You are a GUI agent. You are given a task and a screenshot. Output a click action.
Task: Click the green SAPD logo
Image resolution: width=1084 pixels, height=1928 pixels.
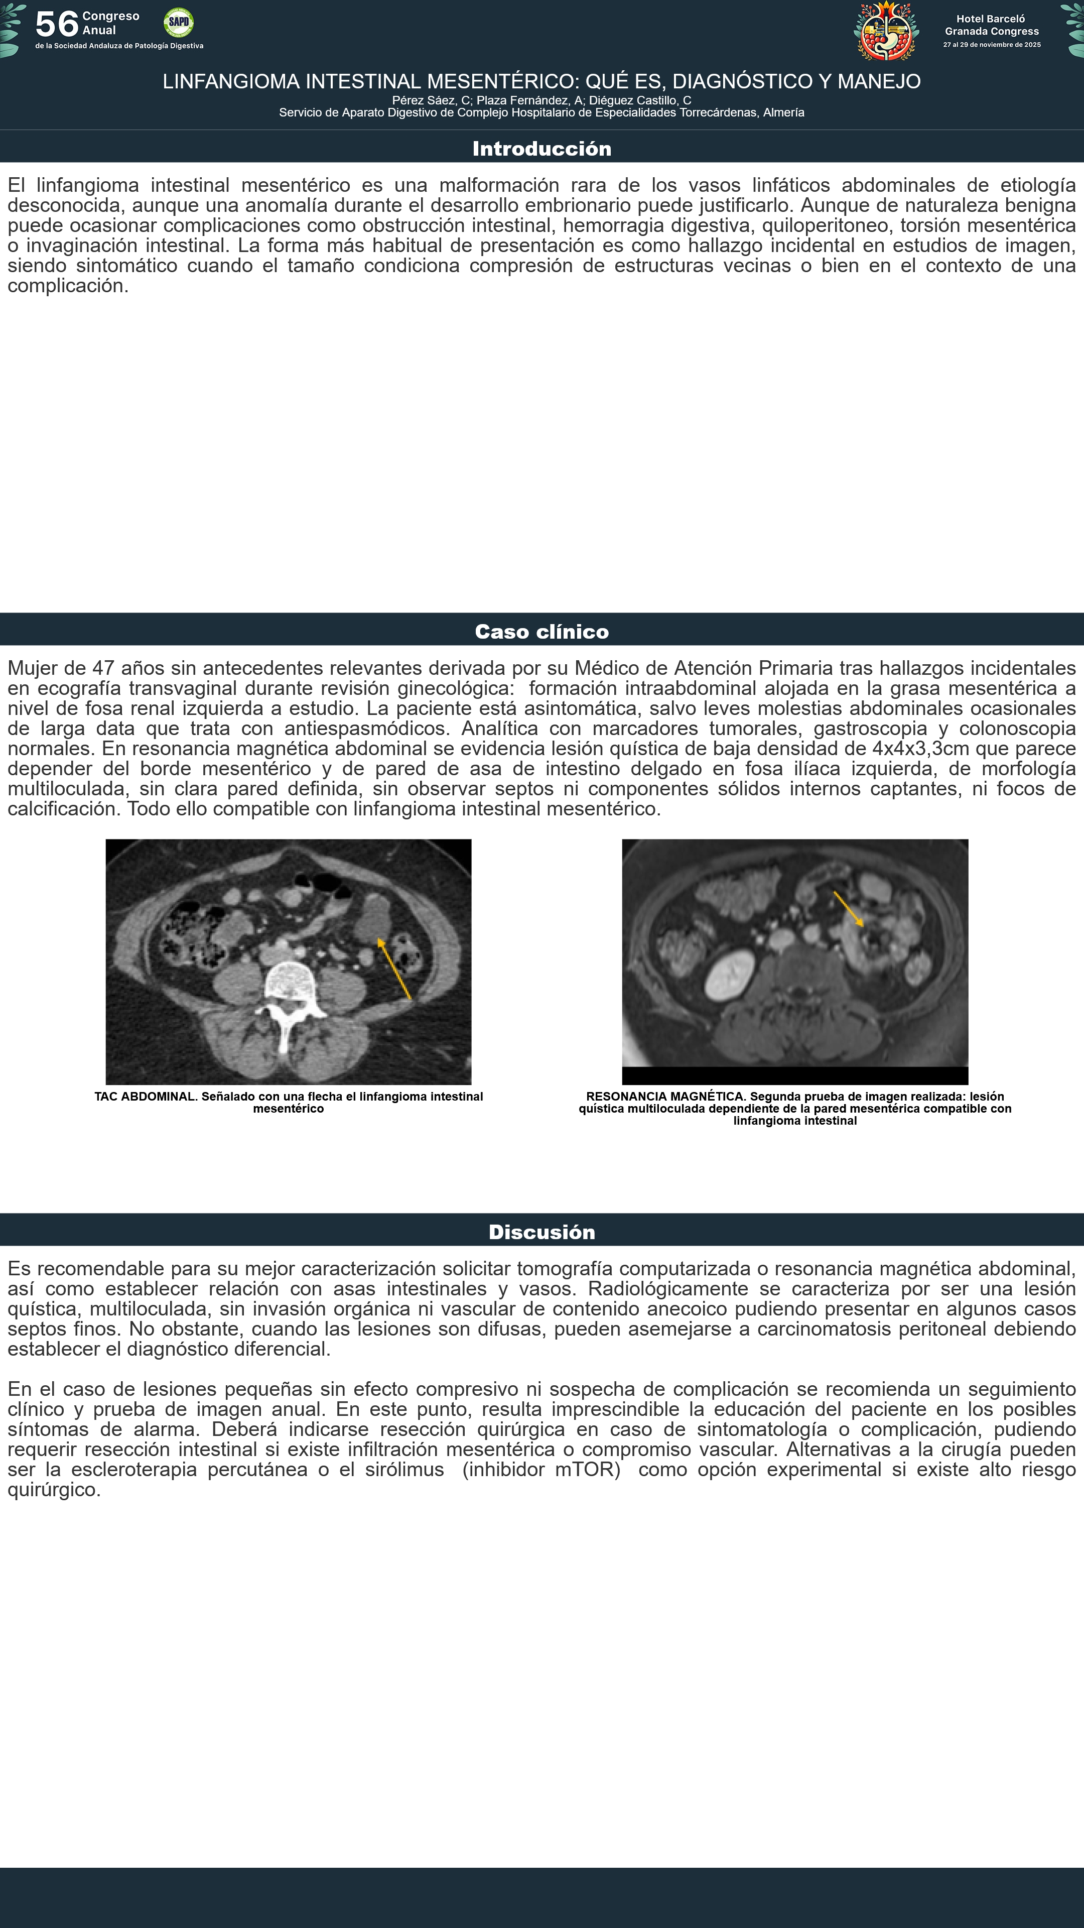pyautogui.click(x=178, y=23)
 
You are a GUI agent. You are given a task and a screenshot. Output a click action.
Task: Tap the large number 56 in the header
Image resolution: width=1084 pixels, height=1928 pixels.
pyautogui.click(x=57, y=24)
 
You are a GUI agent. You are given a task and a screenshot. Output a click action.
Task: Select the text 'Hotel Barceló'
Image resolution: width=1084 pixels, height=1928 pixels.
pyautogui.click(x=991, y=19)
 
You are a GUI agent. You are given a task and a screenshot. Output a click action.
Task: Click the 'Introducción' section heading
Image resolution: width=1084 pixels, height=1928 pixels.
pyautogui.click(x=541, y=148)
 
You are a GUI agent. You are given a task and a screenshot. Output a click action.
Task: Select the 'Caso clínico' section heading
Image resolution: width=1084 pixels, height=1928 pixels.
pyautogui.click(x=541, y=632)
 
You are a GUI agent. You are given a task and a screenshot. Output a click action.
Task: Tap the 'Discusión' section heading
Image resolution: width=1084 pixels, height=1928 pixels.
pyautogui.click(x=541, y=1232)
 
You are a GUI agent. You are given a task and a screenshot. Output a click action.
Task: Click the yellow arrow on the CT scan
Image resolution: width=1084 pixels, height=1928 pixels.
pyautogui.click(x=394, y=969)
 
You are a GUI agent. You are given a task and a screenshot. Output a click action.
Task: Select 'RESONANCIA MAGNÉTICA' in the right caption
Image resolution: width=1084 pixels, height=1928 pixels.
pyautogui.click(x=665, y=1097)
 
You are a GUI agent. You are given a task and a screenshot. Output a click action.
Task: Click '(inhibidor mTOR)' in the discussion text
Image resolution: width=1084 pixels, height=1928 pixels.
pyautogui.click(x=541, y=1469)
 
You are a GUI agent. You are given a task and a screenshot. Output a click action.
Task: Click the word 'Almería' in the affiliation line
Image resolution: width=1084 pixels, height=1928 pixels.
pyautogui.click(x=783, y=113)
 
